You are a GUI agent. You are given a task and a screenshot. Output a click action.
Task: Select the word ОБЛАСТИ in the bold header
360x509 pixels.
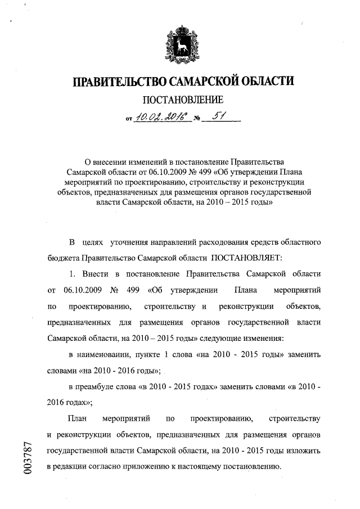coord(265,82)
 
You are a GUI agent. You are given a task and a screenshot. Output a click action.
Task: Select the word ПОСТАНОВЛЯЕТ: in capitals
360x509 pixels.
coord(244,258)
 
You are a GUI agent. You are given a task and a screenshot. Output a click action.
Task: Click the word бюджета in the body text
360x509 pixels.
coord(63,258)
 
